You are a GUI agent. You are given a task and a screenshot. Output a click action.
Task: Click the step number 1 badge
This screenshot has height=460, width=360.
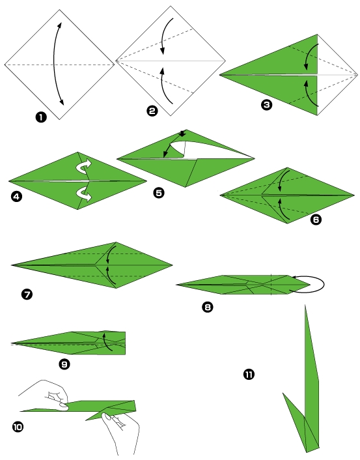click(x=41, y=117)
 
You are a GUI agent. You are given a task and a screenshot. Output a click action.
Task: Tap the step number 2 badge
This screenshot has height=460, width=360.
click(x=152, y=111)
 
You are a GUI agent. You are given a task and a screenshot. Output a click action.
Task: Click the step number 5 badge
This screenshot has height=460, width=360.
click(x=158, y=194)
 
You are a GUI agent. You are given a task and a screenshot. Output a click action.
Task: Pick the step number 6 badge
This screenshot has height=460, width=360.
click(x=316, y=220)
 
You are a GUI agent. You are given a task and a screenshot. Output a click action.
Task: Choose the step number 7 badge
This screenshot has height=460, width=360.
click(x=27, y=295)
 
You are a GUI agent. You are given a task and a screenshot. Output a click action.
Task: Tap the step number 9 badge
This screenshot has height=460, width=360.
click(x=64, y=364)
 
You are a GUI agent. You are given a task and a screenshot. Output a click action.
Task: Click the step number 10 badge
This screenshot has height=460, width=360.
click(x=18, y=427)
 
